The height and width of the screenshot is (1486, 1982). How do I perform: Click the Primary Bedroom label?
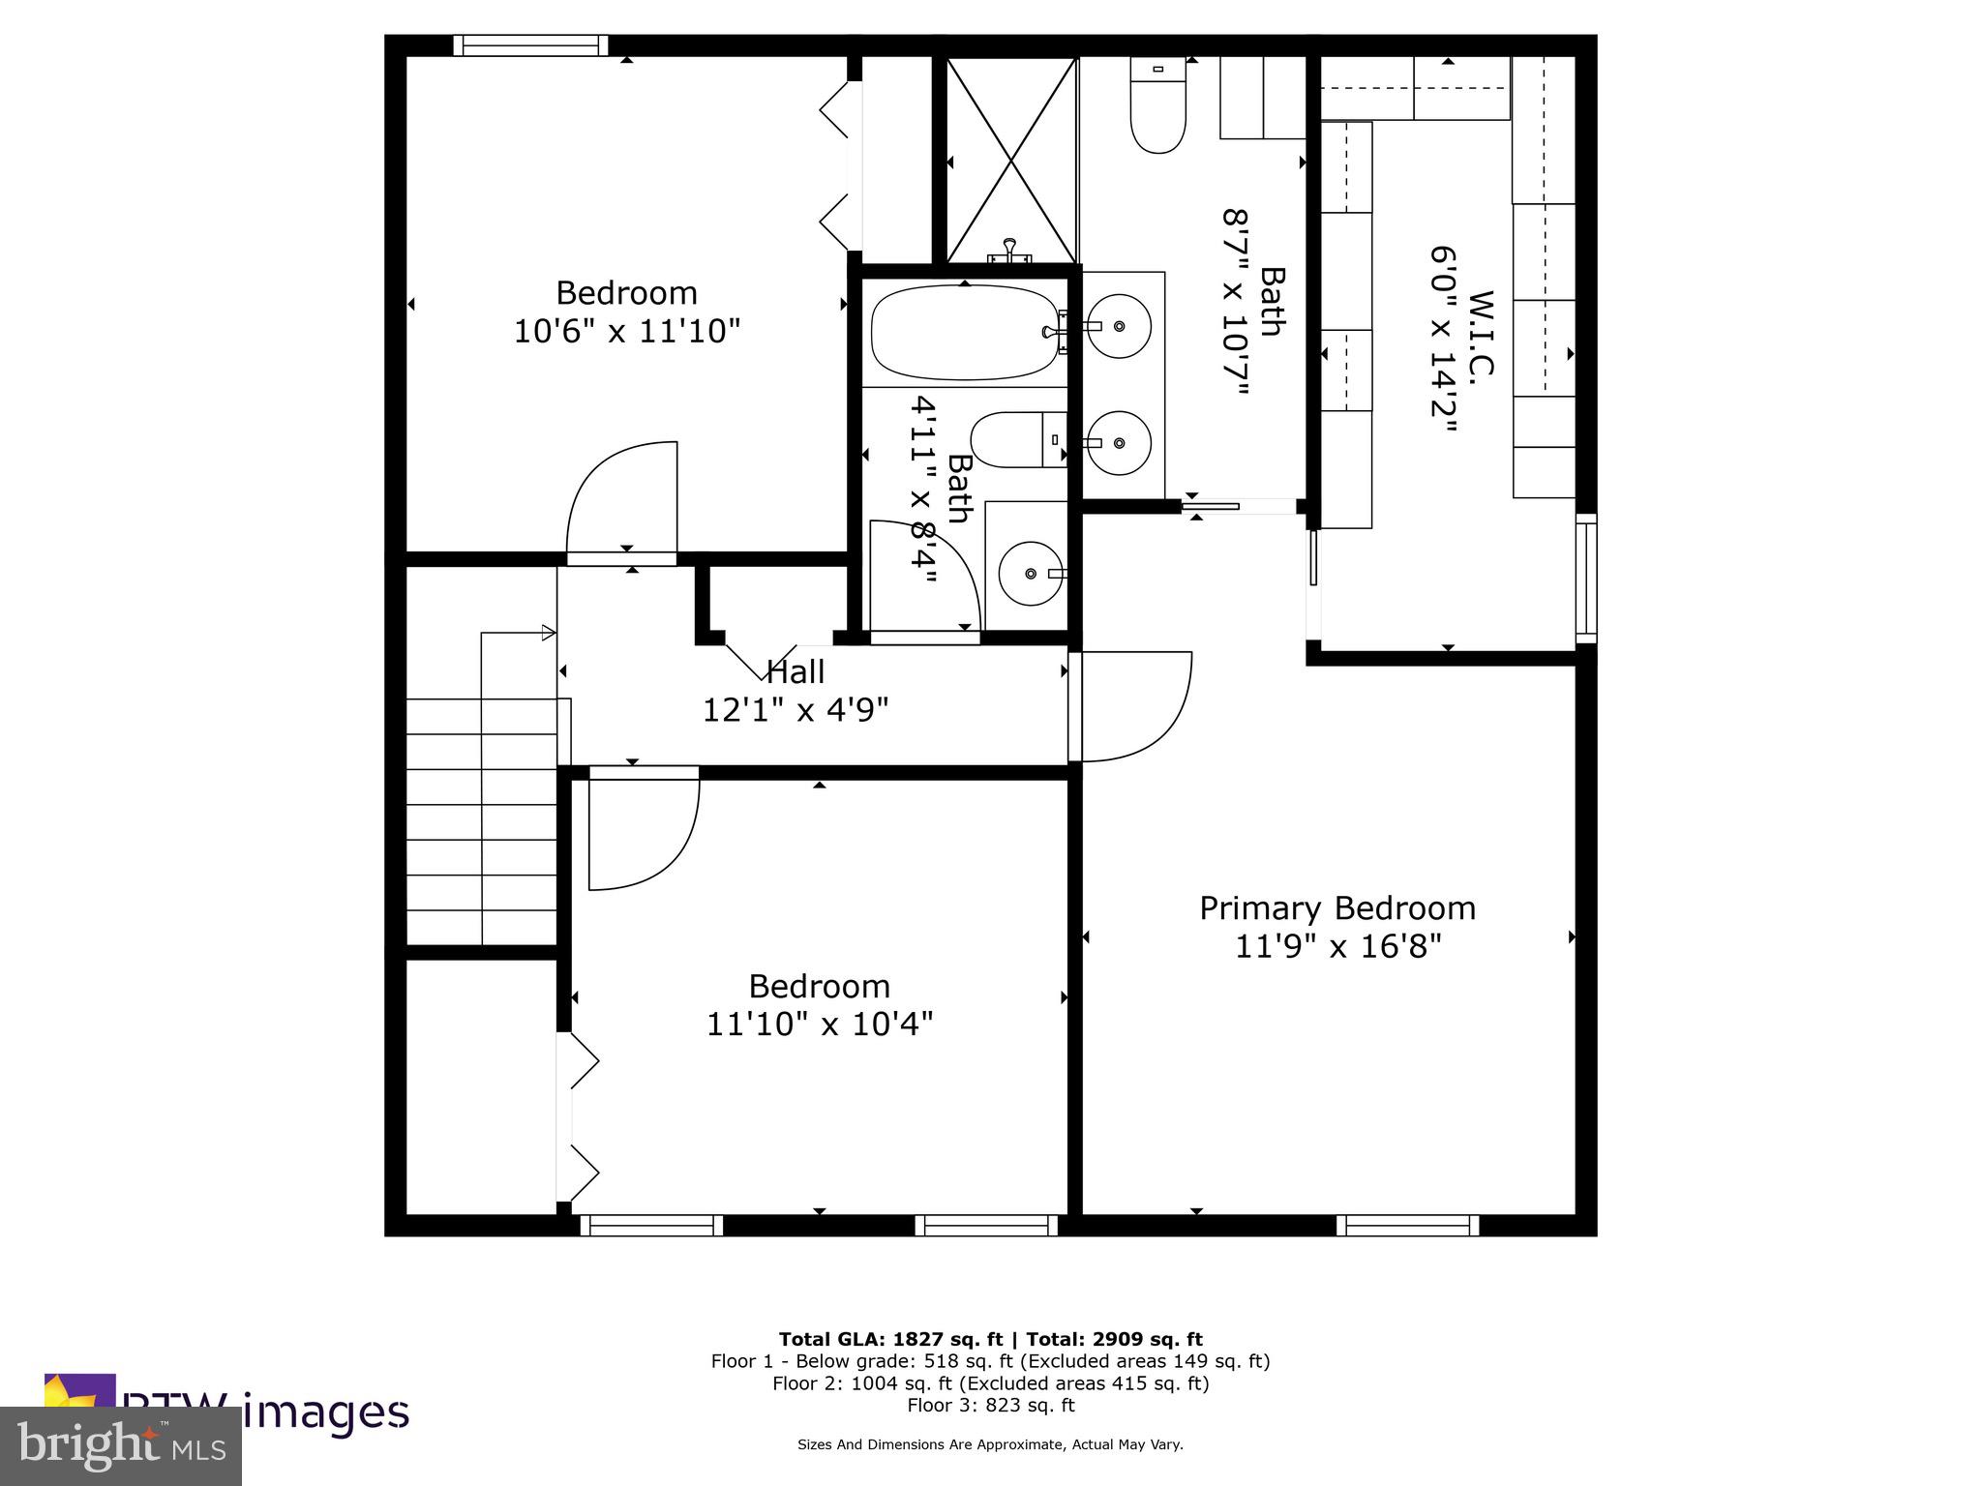1337,908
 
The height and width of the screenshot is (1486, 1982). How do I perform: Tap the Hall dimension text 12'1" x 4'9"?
795,710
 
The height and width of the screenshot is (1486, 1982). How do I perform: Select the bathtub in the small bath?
965,333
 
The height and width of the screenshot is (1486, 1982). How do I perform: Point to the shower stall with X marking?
1010,160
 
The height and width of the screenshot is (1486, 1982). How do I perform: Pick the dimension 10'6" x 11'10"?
626,332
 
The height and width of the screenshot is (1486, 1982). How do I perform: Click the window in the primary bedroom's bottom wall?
1408,1226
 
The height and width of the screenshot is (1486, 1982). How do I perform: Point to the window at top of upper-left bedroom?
530,45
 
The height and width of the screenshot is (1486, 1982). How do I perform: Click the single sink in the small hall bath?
1031,574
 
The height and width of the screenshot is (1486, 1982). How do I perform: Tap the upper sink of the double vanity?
1119,327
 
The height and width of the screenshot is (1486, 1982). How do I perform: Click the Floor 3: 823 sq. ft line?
990,1405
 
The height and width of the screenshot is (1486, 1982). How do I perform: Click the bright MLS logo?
121,1445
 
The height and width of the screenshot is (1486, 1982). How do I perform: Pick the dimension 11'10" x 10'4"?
819,1024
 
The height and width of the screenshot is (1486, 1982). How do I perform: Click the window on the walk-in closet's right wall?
1585,579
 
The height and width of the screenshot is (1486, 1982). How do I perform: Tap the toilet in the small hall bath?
1016,440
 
